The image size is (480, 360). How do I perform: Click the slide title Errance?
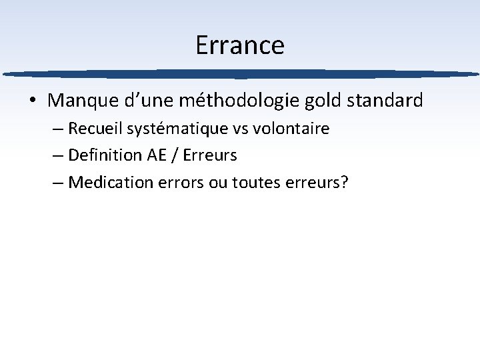coord(240,45)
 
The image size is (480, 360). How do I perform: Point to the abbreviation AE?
coord(154,155)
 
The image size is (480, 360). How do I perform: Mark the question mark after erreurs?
coord(344,182)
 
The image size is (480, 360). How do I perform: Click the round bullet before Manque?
coord(32,101)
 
